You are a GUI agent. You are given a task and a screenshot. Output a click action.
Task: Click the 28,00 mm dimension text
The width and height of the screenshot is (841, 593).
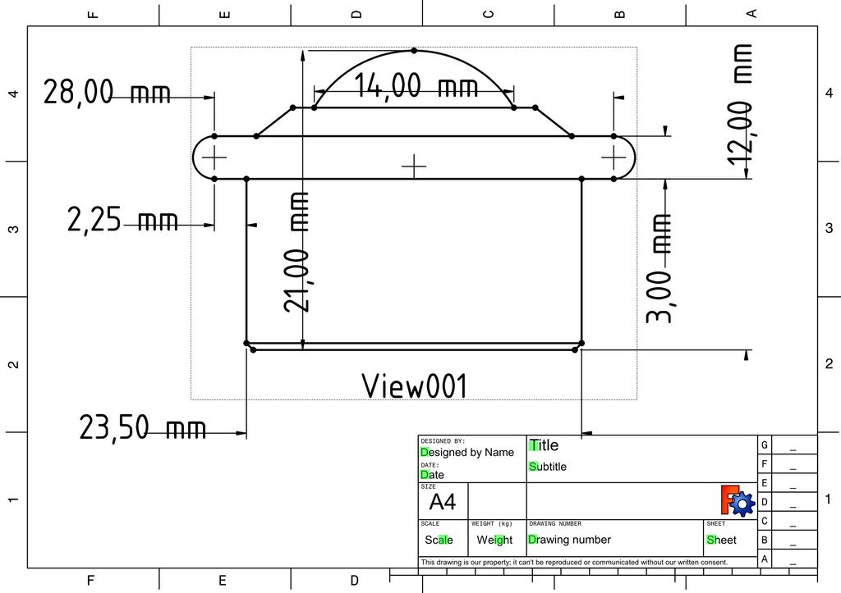point(107,92)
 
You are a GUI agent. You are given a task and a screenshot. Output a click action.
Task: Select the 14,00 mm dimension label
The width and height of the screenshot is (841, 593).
point(416,85)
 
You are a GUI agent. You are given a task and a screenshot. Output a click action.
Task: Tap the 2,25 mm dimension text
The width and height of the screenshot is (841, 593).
point(122,219)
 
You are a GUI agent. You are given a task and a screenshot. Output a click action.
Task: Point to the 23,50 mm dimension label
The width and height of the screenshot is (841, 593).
point(143,427)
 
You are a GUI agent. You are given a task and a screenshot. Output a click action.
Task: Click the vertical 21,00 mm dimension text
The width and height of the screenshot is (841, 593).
point(296,252)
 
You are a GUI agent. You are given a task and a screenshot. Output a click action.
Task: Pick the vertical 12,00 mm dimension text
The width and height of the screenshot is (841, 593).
point(740,105)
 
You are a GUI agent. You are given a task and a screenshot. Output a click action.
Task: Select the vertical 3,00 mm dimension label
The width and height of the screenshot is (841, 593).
point(658,268)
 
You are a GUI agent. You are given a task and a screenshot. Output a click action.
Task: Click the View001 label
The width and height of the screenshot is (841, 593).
point(415,385)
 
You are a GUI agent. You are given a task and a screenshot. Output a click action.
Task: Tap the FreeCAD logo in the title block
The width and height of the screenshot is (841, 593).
point(738,501)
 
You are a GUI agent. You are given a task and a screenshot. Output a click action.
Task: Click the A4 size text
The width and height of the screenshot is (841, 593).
point(443,503)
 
